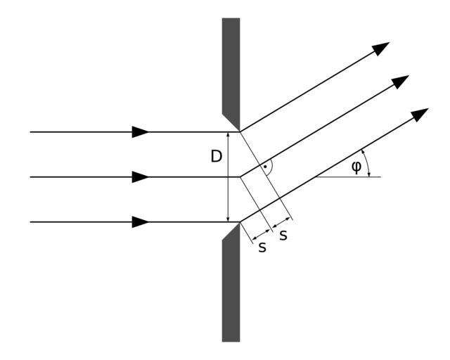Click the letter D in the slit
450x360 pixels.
click(217, 156)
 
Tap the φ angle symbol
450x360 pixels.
click(356, 167)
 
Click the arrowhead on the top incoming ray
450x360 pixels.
click(141, 131)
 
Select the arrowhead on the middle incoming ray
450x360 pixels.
click(141, 176)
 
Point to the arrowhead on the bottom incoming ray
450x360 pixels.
click(141, 222)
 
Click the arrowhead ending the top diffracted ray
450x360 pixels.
click(381, 48)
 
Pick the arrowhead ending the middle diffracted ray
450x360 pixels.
click(400, 81)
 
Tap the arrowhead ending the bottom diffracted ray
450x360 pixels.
click(420, 114)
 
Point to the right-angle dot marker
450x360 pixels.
click(264, 167)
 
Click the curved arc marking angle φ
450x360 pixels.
click(367, 163)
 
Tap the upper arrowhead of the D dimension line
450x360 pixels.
click(228, 136)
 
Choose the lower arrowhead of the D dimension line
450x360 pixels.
click(228, 218)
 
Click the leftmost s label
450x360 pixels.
click(262, 247)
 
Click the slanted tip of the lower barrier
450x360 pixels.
click(231, 233)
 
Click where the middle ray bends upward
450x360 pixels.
click(240, 176)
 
